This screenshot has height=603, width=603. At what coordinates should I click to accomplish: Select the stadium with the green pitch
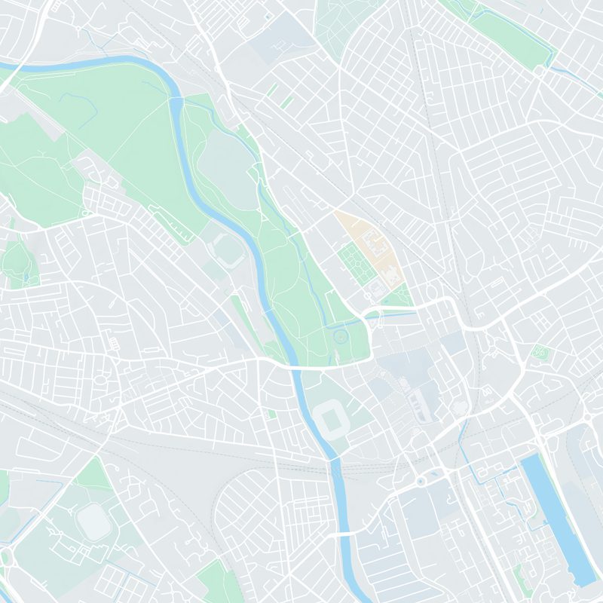tap(332, 418)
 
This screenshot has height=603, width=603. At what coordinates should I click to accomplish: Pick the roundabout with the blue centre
tap(421, 480)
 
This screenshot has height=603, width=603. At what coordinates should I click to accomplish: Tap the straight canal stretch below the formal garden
tap(392, 316)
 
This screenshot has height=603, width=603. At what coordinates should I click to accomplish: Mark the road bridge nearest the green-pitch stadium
tap(294, 366)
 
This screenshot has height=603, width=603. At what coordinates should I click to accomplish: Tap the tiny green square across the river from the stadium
tap(271, 414)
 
